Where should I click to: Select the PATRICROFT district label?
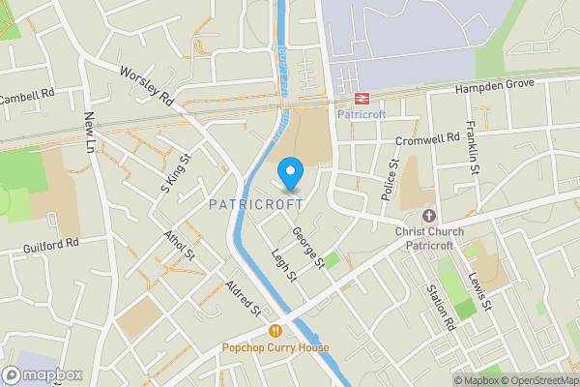pos(256,205)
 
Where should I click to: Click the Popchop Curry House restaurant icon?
pos(275,331)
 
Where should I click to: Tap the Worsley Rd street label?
pos(146,86)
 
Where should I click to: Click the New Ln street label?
pos(92,133)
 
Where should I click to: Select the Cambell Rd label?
pos(27,98)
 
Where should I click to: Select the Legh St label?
pos(283,263)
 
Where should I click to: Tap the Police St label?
pos(390,180)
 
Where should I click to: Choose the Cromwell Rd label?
pos(432,138)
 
